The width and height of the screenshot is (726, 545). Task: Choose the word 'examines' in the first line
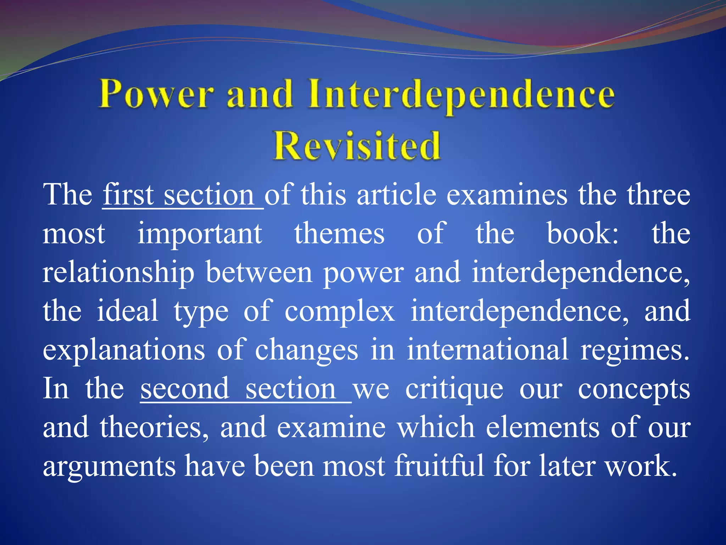point(507,195)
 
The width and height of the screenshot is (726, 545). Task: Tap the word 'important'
point(200,234)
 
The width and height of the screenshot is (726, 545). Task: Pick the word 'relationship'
point(118,273)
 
